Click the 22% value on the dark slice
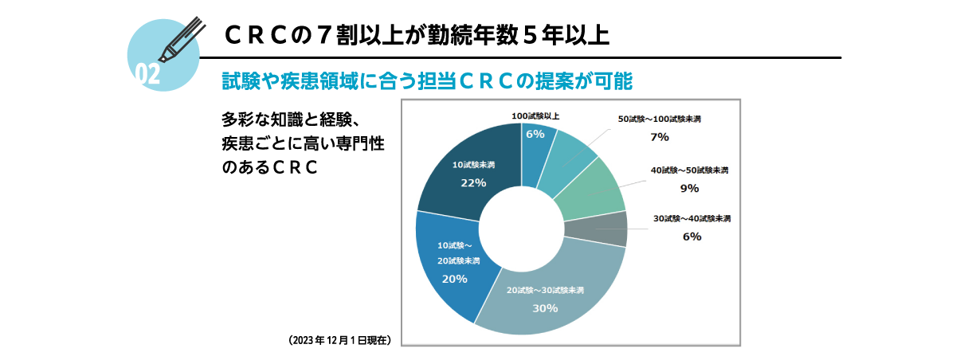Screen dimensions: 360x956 (473, 182)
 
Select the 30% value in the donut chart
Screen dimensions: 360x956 (545, 308)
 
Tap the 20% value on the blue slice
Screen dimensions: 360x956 (454, 279)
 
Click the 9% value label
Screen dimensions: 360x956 (689, 188)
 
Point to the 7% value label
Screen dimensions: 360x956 (659, 137)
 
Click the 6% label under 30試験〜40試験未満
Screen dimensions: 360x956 (692, 236)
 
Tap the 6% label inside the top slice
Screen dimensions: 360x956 (535, 134)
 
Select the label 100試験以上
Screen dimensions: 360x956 (535, 116)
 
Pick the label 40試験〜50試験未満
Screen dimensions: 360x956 (689, 170)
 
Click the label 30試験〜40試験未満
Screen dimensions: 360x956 (692, 218)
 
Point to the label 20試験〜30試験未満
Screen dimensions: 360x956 (545, 290)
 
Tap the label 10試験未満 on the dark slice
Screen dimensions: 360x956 (473, 165)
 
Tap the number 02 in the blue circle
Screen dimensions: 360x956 (148, 74)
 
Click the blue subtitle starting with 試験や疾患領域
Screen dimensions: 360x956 (426, 81)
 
